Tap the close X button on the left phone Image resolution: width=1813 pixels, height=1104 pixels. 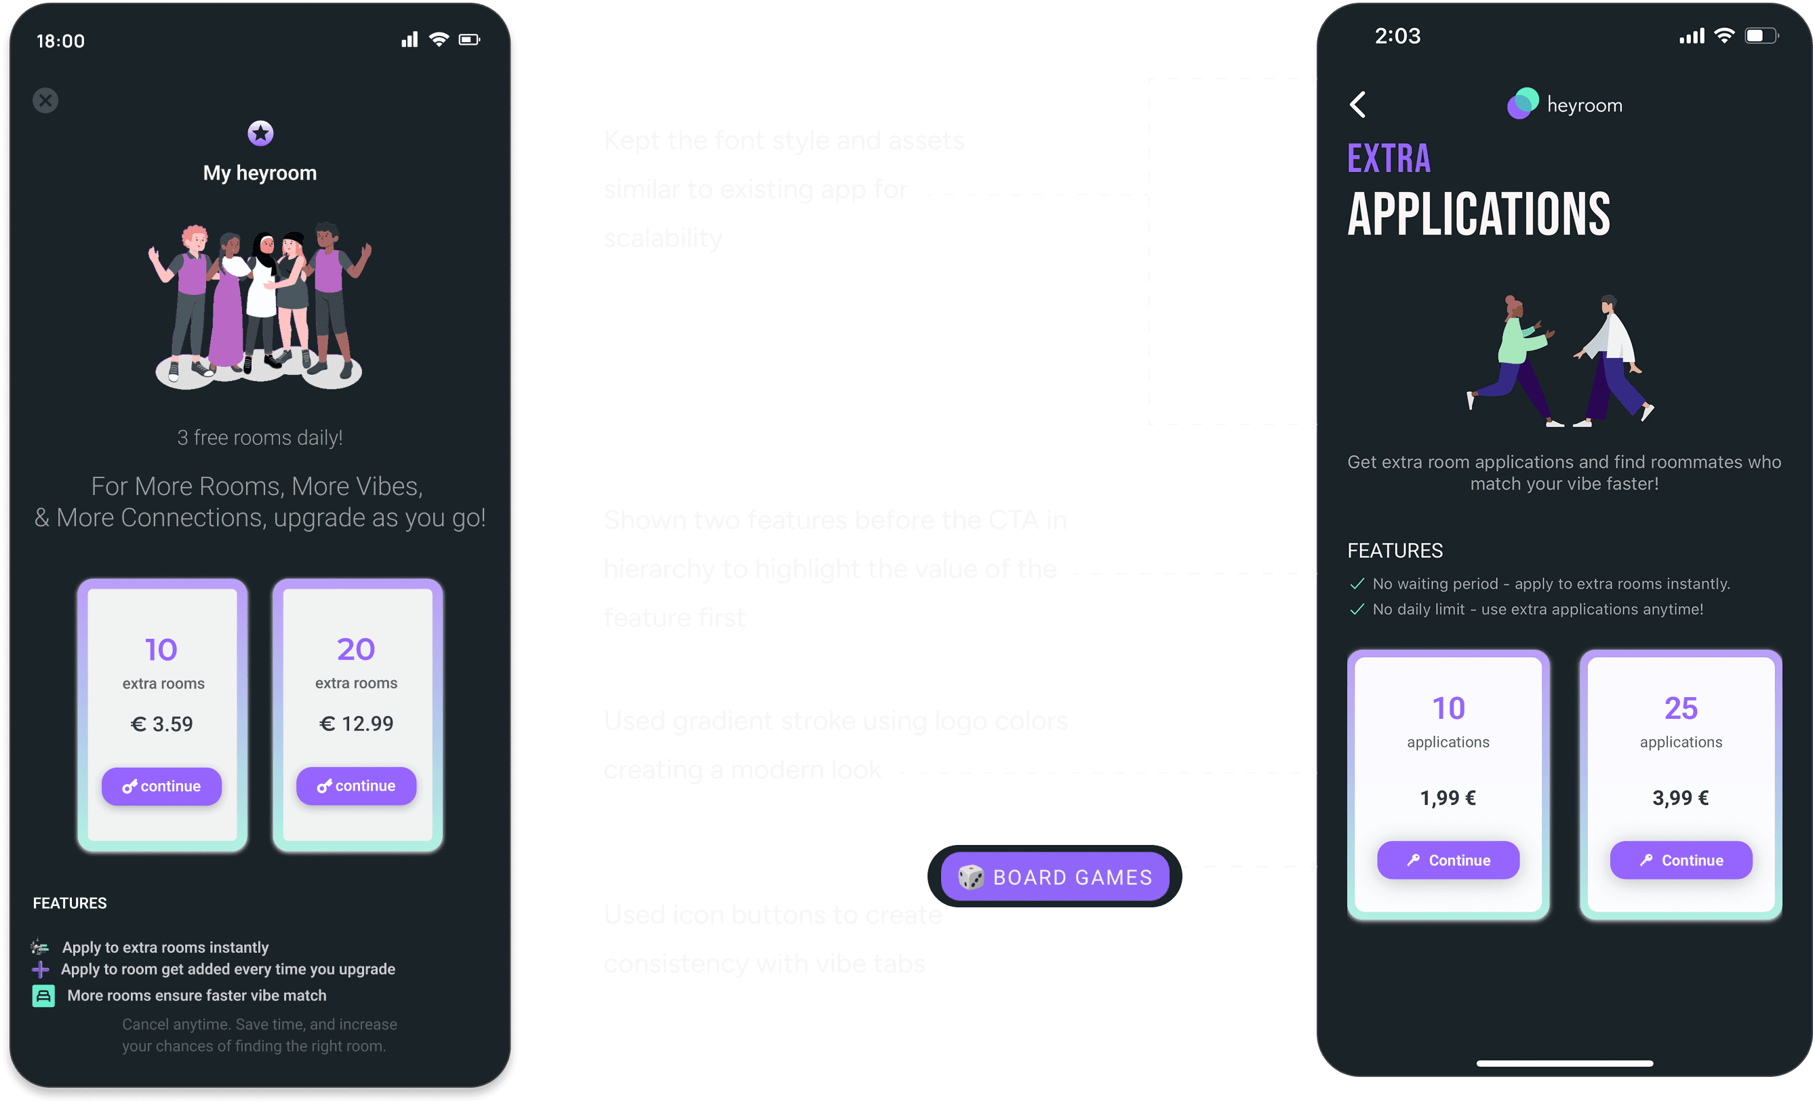tap(45, 100)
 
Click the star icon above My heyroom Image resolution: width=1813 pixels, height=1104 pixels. tap(260, 133)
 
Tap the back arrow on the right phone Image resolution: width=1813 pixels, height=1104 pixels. tap(1358, 104)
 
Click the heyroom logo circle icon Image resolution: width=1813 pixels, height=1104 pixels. tap(1522, 104)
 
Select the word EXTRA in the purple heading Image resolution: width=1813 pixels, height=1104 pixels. tap(1389, 158)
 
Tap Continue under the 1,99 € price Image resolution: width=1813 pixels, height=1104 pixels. tap(1448, 860)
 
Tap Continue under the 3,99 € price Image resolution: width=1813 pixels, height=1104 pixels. tap(1681, 860)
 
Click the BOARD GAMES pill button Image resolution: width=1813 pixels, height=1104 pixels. tap(1054, 877)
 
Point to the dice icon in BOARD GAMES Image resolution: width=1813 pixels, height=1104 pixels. tap(970, 877)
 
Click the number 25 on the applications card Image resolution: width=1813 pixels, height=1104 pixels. tap(1681, 708)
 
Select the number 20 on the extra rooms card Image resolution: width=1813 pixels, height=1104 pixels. tap(356, 649)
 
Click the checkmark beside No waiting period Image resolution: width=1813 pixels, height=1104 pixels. tap(1357, 584)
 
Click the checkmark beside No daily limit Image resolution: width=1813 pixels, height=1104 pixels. tap(1357, 610)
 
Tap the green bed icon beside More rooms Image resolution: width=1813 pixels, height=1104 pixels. tap(43, 995)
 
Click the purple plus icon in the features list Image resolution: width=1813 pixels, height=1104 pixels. tap(41, 969)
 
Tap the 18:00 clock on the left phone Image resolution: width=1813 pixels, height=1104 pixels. tap(60, 41)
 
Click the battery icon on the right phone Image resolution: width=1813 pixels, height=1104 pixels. tap(1761, 36)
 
